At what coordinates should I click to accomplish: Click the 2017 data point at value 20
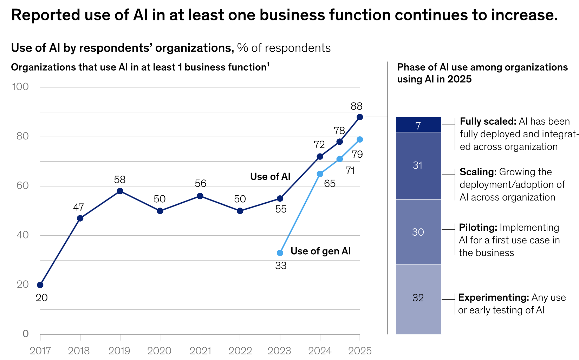pos(40,285)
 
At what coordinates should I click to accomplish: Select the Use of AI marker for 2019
pos(120,191)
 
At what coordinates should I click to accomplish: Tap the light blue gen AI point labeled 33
pos(280,253)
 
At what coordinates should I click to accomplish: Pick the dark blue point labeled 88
pos(360,117)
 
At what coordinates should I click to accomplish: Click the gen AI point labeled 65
pos(320,174)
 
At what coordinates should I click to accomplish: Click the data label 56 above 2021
pos(200,183)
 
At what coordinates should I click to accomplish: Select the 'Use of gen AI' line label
pos(320,251)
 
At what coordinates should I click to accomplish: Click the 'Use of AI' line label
pos(270,177)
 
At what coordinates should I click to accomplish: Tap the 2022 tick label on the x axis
pos(240,351)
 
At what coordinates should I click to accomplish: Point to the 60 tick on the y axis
pos(22,186)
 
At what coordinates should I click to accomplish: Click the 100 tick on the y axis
pos(20,87)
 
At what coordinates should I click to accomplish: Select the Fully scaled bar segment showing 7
pos(418,125)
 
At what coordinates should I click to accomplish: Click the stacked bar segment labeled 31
pos(418,165)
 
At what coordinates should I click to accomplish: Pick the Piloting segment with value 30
pos(418,232)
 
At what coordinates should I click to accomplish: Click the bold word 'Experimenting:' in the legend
pos(493,298)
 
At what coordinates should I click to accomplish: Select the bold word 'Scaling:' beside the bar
pos(478,172)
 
